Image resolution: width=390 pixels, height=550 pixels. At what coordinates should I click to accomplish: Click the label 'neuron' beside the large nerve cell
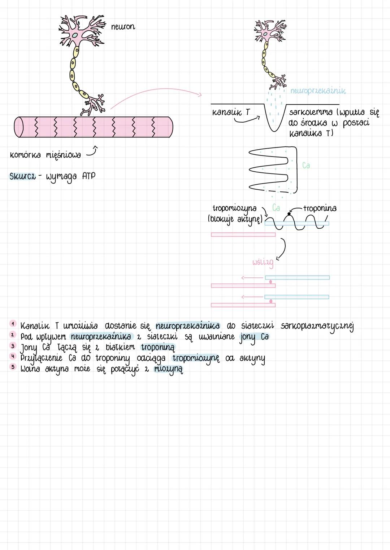tap(123, 27)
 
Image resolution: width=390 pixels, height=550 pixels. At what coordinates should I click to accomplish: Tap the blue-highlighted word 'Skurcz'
tap(22, 176)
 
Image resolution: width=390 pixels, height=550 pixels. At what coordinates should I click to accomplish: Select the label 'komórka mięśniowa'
tap(45, 155)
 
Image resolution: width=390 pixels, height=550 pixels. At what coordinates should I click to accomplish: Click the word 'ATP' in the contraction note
tap(88, 176)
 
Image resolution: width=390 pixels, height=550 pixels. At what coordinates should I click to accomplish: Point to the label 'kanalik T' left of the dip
tap(231, 112)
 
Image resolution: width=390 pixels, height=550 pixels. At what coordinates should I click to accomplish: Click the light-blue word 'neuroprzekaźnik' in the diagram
tap(318, 91)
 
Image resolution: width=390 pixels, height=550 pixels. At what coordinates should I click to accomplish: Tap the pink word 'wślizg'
tap(263, 262)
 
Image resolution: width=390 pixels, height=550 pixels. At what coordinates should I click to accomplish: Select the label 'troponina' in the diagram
tap(320, 208)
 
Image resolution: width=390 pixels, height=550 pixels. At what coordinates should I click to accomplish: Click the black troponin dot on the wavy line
tap(289, 214)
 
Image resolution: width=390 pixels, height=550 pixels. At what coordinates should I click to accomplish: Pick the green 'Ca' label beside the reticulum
tap(306, 166)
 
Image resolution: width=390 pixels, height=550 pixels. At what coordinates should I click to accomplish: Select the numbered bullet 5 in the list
tap(13, 367)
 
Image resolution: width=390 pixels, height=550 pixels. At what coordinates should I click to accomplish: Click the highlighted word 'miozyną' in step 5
tap(168, 369)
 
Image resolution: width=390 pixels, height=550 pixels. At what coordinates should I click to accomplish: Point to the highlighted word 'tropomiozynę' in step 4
tap(196, 358)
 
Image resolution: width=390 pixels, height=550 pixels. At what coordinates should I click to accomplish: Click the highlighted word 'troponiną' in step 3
tap(158, 348)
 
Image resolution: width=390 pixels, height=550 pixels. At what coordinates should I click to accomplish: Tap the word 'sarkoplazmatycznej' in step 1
tap(317, 326)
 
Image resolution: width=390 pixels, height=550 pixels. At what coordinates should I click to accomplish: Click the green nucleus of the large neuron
tap(75, 35)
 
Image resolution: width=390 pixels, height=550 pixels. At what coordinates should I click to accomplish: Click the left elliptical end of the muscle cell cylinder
tap(19, 127)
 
